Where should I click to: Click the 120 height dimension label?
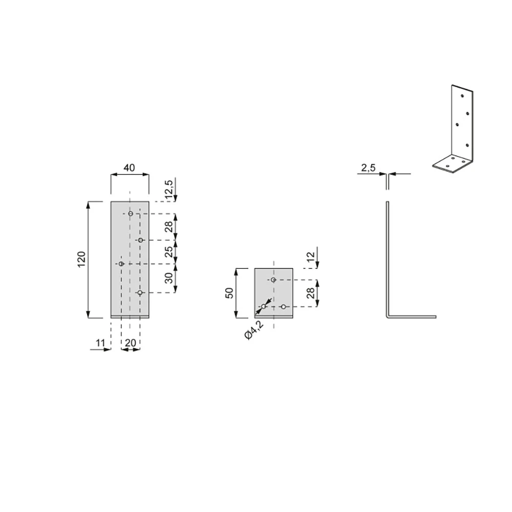point(81,260)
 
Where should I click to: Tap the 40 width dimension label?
point(129,168)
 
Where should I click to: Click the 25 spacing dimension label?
point(168,252)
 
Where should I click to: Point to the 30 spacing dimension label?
point(168,278)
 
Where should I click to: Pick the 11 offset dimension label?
point(100,343)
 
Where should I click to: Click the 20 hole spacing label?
point(130,343)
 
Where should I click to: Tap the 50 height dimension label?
point(229,293)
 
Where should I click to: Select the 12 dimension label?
point(311,256)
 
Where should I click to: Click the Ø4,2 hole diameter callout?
point(254,330)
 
